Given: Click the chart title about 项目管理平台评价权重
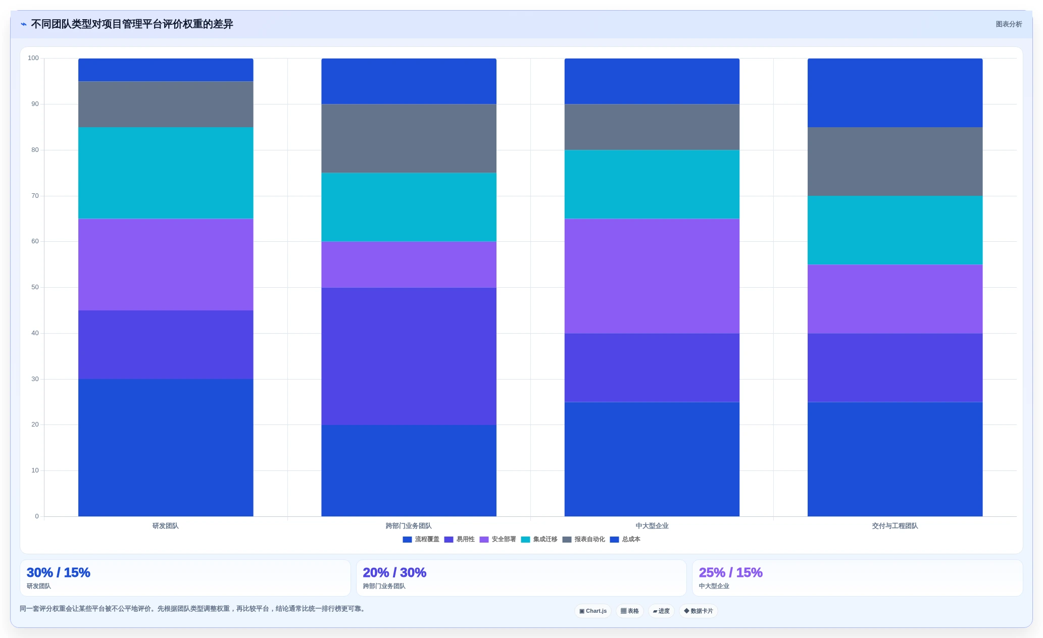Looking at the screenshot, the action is tap(132, 24).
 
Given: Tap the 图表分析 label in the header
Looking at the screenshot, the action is tap(1009, 24).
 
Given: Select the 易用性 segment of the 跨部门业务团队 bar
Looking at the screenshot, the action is tap(409, 356).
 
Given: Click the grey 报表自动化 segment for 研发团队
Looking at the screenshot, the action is tap(166, 104).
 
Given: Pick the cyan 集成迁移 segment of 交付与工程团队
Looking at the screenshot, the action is tap(895, 230).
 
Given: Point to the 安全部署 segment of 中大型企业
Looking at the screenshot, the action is tap(652, 276).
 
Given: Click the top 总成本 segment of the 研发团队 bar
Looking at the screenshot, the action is tap(166, 70).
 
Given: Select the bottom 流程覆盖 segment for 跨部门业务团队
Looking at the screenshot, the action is tap(409, 470).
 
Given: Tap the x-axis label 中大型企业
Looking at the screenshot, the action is tap(652, 526).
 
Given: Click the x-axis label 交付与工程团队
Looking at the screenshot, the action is tap(895, 526).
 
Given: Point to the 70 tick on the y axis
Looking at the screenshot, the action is tap(35, 196).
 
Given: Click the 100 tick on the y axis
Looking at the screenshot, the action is tap(33, 58).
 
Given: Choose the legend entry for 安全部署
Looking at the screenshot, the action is tap(498, 539).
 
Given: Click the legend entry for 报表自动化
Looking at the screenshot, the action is tap(583, 539).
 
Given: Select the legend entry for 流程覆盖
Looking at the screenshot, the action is tap(421, 539).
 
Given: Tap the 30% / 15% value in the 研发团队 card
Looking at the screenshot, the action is tap(59, 572).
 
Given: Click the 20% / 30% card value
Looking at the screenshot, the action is tap(394, 572).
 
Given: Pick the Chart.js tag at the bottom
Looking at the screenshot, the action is tap(593, 611).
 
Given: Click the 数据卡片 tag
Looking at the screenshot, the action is tap(699, 611).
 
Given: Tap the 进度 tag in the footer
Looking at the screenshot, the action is tap(661, 611).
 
